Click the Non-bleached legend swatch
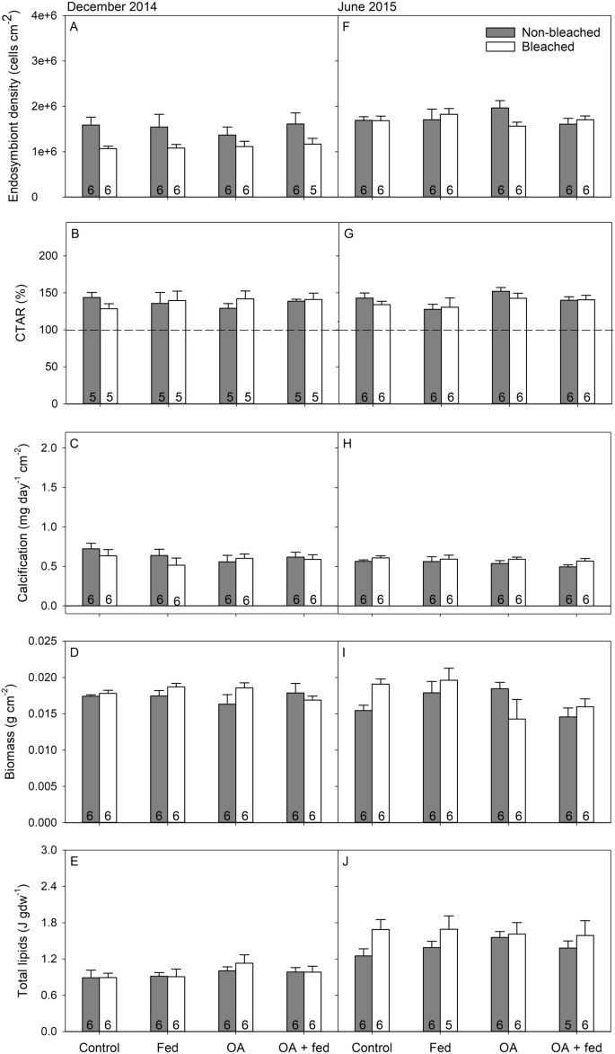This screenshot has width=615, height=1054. coord(489,31)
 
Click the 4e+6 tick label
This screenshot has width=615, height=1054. coord(43,16)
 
